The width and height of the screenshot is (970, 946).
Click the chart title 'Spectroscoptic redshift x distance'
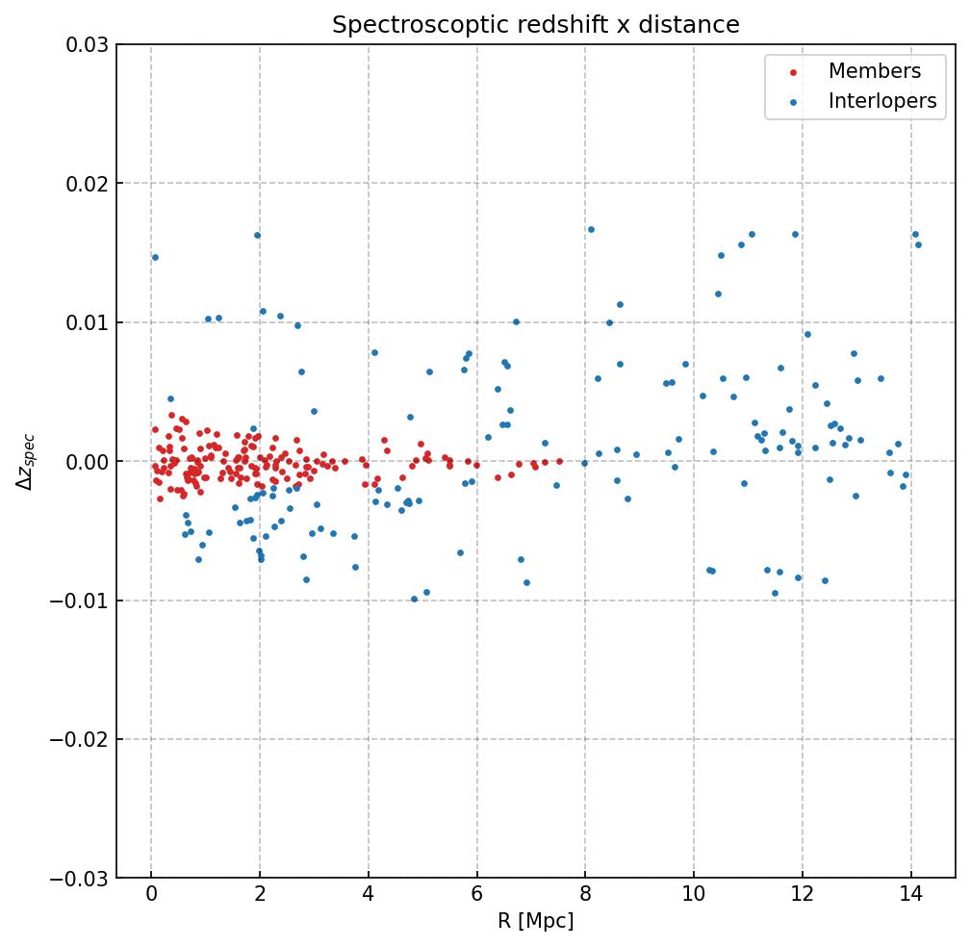click(x=536, y=25)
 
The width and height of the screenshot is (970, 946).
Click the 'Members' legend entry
click(x=874, y=71)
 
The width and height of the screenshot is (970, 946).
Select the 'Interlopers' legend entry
click(x=881, y=101)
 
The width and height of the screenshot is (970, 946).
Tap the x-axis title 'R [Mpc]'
click(x=536, y=921)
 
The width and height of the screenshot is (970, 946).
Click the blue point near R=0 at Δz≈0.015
click(x=155, y=257)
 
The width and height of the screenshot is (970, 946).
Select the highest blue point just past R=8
click(x=591, y=229)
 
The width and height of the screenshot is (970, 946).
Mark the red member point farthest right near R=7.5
click(x=559, y=461)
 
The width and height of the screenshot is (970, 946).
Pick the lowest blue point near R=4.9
click(x=415, y=599)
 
